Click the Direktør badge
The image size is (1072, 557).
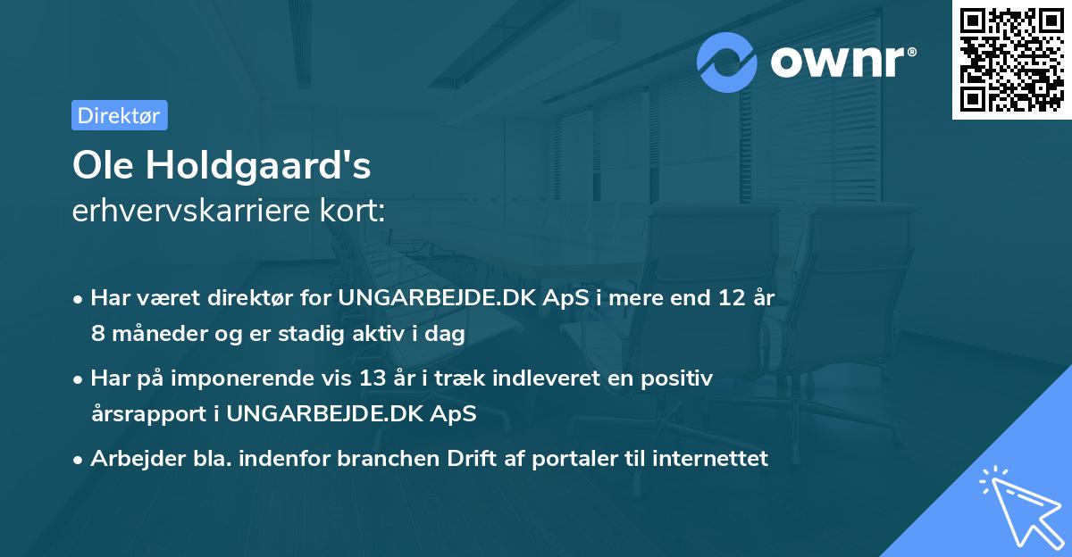click(119, 115)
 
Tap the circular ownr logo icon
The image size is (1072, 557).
click(727, 62)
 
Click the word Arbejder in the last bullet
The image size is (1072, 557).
click(130, 459)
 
